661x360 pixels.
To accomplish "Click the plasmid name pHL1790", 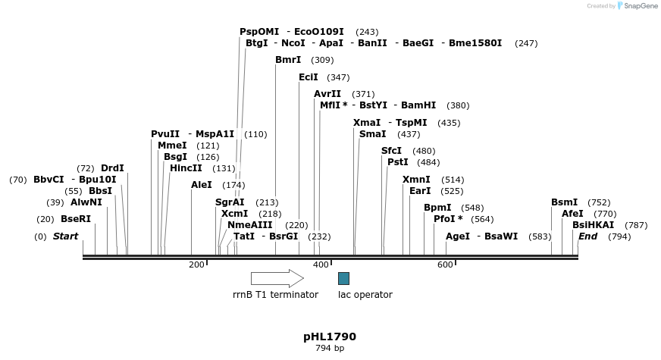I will click(330, 337).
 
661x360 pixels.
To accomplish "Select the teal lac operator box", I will click(343, 278).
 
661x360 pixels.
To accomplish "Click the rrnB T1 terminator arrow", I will click(277, 278).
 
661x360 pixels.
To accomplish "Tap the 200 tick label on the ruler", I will click(196, 265).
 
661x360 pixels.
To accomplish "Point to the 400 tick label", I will click(321, 265).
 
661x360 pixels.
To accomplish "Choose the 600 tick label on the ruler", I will click(445, 265).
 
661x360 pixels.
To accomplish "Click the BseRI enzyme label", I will click(76, 219).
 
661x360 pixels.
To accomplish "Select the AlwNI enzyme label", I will click(86, 202).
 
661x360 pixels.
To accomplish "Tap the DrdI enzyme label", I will click(112, 168).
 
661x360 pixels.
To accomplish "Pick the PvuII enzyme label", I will click(165, 134).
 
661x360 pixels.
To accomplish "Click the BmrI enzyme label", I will click(288, 60).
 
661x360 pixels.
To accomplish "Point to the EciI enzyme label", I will click(309, 77).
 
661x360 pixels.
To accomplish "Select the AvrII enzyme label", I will click(327, 94).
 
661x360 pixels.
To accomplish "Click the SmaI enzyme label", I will click(372, 134).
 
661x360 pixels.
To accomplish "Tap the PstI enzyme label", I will click(398, 162).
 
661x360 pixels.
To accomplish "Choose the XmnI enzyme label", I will click(416, 180).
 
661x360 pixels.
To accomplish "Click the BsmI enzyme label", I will click(564, 202).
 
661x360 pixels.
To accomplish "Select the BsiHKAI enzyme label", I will click(593, 225).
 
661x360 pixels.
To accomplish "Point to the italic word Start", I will click(65, 236).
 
